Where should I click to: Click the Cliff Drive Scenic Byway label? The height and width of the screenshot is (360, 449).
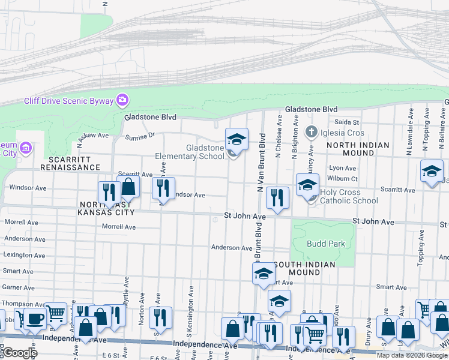[70, 101]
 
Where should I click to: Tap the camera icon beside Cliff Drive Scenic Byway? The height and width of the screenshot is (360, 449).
[122, 99]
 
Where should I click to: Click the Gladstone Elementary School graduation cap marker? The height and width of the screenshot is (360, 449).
[237, 140]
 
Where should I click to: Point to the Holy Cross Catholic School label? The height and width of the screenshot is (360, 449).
[349, 196]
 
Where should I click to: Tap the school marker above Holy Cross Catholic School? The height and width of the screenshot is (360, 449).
[307, 184]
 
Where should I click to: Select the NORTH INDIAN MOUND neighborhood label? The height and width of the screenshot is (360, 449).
[358, 149]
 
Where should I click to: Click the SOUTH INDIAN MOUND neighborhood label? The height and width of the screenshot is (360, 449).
[305, 268]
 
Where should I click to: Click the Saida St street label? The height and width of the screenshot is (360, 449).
[346, 122]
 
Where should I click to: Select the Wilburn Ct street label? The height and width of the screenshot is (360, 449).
[343, 178]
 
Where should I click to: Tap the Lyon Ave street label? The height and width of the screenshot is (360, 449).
[342, 169]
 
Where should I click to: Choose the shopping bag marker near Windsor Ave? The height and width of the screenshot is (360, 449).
[128, 187]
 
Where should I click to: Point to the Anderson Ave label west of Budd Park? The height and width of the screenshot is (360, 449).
[231, 248]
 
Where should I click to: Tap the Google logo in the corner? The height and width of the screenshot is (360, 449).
[19, 352]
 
